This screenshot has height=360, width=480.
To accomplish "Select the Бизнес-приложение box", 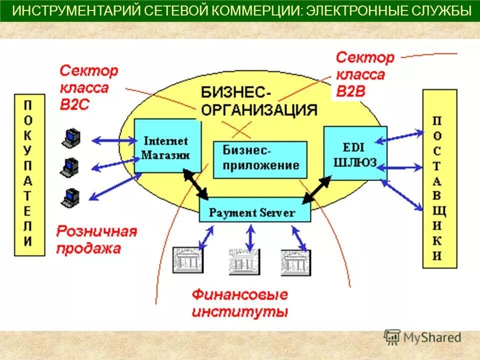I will [x=260, y=159].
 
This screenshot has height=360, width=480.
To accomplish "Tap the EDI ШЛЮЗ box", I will [x=355, y=153].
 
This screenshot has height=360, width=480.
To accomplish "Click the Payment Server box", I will [x=254, y=212].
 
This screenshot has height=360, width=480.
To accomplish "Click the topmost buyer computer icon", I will [x=70, y=138].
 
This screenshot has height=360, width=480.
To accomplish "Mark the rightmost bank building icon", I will [x=296, y=260].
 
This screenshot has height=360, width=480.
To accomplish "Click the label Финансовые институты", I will [x=240, y=303].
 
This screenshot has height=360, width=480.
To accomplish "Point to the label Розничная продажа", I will [x=96, y=240].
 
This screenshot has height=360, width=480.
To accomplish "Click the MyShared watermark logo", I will [x=422, y=337].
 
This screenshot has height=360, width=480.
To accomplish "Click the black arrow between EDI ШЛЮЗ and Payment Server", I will [x=317, y=188].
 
